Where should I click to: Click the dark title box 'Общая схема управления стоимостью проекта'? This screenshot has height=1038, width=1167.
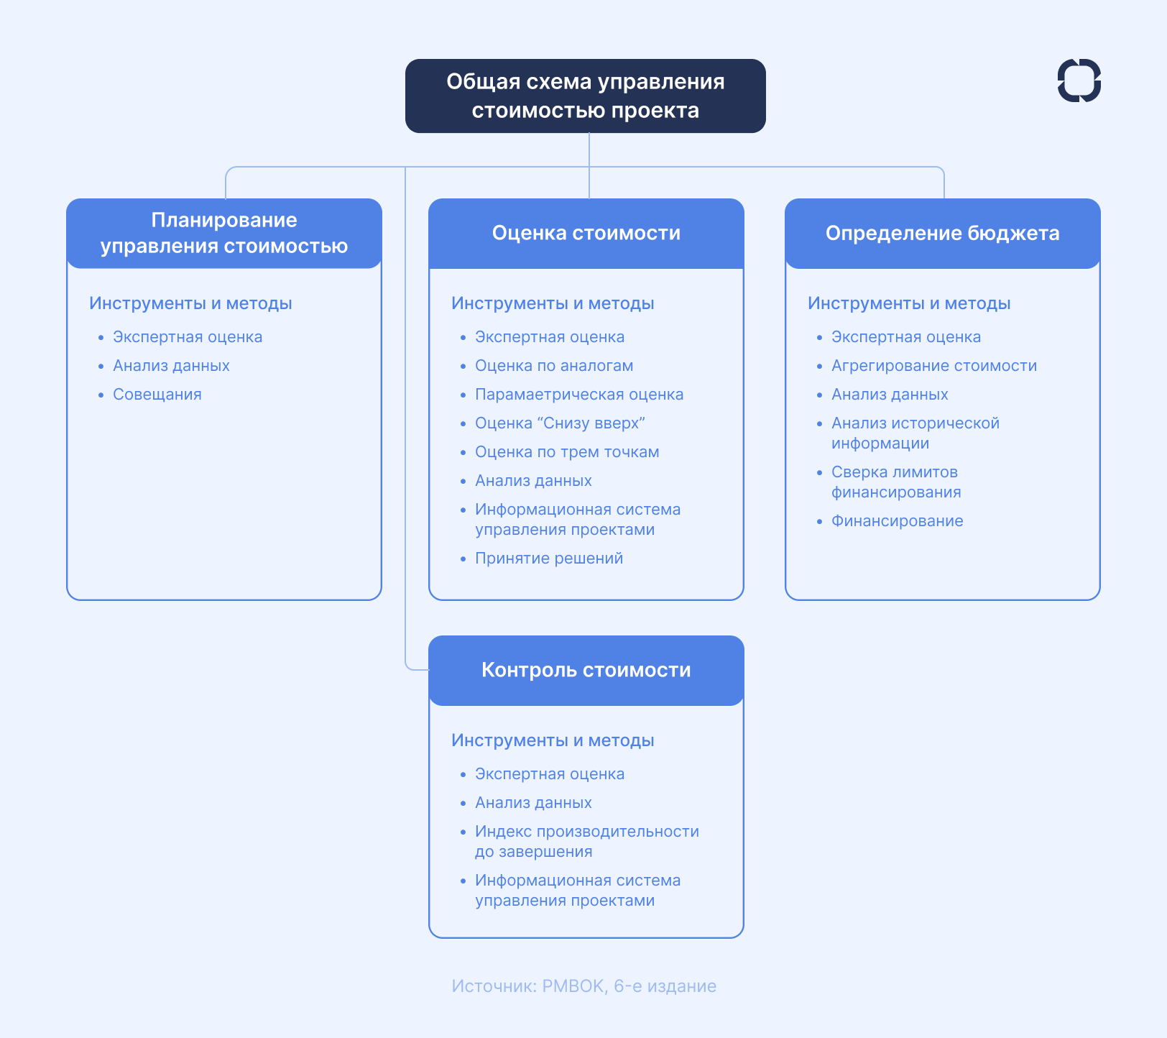point(585,96)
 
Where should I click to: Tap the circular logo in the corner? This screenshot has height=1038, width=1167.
point(1079,81)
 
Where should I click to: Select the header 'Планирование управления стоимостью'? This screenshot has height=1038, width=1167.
point(224,233)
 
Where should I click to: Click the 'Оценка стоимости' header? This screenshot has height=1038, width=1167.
point(586,233)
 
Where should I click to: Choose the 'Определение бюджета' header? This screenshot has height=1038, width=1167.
point(942,233)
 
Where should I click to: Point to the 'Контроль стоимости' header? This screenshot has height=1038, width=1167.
point(586,670)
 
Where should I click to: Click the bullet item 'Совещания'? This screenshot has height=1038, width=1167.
point(157,395)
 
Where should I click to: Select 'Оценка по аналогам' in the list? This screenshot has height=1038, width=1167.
point(553,366)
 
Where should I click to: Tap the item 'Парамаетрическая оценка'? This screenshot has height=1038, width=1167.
point(578,395)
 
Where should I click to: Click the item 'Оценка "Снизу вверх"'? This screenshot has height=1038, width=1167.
point(560,423)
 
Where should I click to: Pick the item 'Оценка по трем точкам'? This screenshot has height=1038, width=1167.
point(567,452)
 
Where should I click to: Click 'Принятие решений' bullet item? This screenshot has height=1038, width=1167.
point(548,559)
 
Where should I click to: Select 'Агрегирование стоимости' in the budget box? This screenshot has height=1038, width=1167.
point(933,366)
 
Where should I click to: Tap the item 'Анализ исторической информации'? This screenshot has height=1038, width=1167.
point(915,433)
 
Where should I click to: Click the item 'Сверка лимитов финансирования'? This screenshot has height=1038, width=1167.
point(895,482)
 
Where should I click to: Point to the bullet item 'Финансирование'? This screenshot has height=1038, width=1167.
point(897,521)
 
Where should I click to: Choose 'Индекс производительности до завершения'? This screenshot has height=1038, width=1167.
point(586,842)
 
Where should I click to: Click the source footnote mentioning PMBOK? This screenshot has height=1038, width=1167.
point(583,986)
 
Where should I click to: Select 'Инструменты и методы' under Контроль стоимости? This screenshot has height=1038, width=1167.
point(553,740)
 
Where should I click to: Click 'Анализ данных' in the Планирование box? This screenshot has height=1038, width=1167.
point(171,366)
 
